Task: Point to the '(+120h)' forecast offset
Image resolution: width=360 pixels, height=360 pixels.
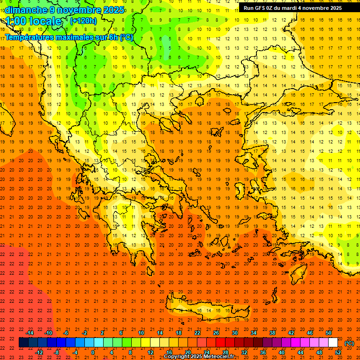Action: [x=83, y=21]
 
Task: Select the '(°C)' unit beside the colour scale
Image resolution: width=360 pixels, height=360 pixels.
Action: [x=349, y=343]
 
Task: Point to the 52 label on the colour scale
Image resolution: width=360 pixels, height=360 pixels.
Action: [x=338, y=352]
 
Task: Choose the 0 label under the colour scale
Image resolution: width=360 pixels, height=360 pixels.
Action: [x=92, y=352]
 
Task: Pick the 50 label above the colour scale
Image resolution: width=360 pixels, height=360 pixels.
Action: [x=329, y=333]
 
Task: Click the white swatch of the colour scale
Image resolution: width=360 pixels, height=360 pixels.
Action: [x=333, y=343]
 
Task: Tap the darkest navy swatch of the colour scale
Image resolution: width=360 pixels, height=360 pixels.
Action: [x=24, y=343]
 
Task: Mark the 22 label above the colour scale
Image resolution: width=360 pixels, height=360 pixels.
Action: [x=197, y=333]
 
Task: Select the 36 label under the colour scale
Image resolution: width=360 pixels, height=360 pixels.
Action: [x=262, y=352]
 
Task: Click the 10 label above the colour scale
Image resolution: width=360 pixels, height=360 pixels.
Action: [x=141, y=333]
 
